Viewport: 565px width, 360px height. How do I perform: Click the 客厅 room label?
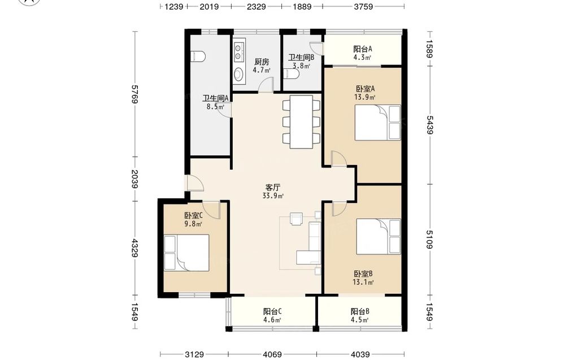[273, 188]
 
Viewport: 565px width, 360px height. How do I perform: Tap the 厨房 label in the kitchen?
[262, 62]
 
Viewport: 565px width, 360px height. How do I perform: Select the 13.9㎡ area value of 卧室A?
[364, 97]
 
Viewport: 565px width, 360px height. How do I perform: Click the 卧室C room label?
[193, 215]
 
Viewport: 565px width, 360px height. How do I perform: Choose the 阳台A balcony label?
[363, 49]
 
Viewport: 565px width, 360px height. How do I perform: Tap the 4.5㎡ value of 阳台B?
[360, 320]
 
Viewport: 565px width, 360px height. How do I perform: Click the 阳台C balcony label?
[272, 311]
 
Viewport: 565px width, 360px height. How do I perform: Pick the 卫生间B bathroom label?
[301, 57]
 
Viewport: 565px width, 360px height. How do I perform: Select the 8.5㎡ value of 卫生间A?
[215, 106]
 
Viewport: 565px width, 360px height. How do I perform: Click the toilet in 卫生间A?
[198, 57]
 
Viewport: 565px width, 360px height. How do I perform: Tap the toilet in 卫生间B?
[291, 74]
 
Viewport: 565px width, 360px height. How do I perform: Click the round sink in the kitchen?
[238, 75]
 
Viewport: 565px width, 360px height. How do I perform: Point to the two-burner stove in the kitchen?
[239, 51]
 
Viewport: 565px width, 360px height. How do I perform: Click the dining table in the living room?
[301, 122]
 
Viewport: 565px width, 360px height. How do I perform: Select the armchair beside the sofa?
[297, 219]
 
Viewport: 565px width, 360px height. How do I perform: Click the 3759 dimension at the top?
[363, 6]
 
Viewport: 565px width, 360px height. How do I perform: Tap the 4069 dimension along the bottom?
[272, 354]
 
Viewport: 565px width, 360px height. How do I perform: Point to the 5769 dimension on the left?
[135, 94]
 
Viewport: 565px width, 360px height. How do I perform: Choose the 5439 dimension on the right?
[429, 125]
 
